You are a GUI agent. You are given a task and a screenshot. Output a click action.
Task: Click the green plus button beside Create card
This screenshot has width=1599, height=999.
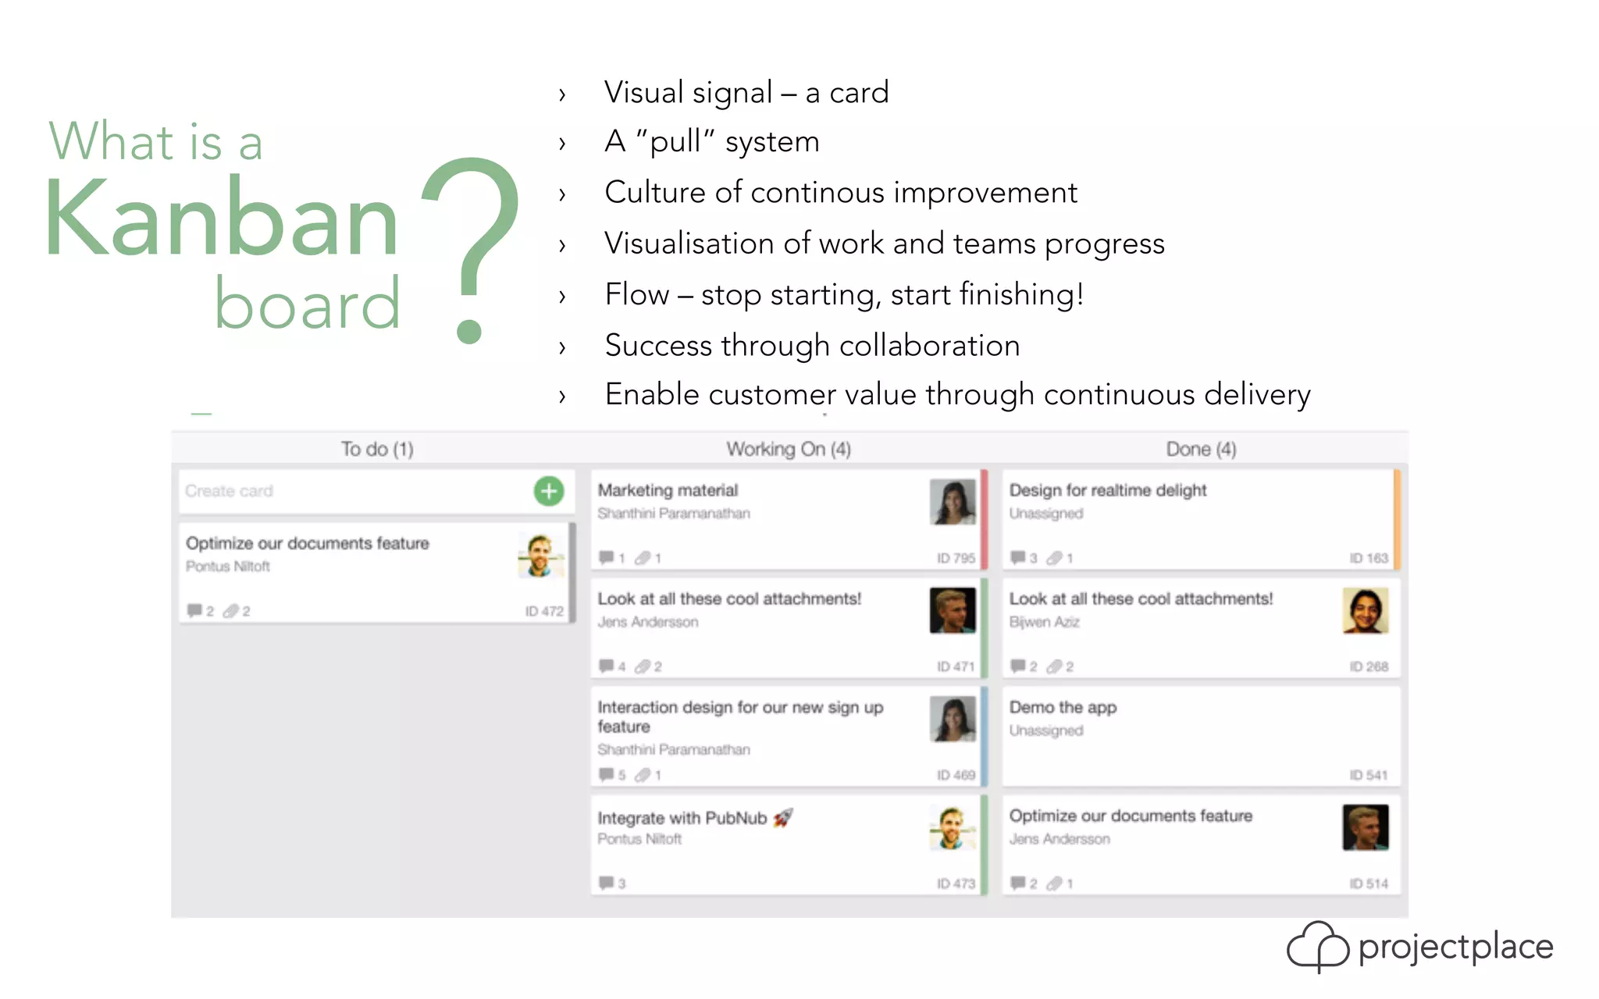point(549,491)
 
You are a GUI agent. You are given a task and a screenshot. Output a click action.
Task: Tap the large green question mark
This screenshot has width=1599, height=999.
point(472,242)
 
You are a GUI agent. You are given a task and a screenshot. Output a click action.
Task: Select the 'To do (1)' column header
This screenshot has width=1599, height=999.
point(377,450)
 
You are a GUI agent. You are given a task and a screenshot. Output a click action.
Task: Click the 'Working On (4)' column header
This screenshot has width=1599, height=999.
point(789,450)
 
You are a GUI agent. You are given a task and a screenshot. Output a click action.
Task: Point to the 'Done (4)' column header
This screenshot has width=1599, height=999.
point(1201,450)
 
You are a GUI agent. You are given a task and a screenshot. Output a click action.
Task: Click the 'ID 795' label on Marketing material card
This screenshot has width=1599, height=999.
point(956,558)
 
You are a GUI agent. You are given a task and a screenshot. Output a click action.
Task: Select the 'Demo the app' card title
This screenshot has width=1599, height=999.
point(1063,707)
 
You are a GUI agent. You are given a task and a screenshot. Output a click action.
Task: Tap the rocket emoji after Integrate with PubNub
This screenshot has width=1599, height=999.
point(783,817)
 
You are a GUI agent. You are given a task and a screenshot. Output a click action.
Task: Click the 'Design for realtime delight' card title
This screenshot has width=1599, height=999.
point(1107,490)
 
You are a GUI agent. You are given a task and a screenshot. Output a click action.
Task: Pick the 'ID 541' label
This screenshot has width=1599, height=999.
point(1368,775)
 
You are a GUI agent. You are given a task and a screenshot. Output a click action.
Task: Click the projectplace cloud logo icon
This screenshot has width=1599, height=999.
point(1317,946)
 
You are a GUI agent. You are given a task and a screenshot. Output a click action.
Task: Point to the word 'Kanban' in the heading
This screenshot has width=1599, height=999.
point(223,219)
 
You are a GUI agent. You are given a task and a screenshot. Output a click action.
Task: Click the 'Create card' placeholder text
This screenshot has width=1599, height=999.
point(229,491)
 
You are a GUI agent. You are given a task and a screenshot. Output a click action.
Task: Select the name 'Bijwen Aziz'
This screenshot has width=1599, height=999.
point(1044,622)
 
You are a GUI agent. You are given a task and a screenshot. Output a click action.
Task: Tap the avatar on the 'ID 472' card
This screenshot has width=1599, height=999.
point(540,555)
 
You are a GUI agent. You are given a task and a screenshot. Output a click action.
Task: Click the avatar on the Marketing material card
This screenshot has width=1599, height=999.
point(953,502)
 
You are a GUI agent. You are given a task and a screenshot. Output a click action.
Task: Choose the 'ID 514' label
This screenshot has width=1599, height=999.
point(1368,883)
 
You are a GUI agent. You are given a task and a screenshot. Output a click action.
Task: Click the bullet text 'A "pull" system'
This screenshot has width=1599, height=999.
point(711,142)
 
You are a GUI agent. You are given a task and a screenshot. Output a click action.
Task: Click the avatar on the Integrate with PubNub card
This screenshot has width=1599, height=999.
point(953,827)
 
